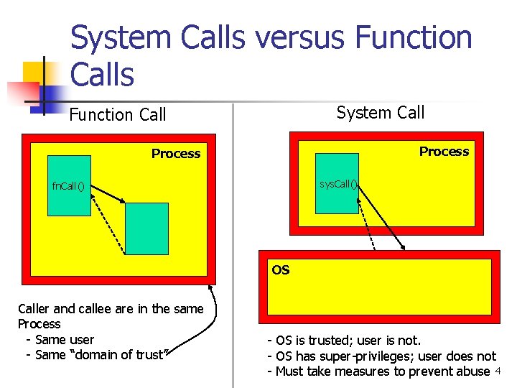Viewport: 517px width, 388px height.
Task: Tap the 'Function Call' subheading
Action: pos(118,115)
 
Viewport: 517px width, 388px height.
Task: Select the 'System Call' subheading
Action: pos(381,113)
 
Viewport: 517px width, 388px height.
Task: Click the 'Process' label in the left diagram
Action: pos(176,154)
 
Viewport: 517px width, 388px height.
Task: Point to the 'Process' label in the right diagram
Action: pos(444,152)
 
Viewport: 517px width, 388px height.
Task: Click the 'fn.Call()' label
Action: pos(68,187)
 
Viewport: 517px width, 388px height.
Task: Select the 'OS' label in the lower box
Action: pos(281,270)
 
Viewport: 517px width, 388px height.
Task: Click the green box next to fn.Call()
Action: pos(70,185)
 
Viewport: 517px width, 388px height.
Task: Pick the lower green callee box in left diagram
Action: pos(146,228)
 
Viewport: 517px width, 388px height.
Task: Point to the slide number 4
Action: pos(498,371)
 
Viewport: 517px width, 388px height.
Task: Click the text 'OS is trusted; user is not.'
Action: pos(344,340)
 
